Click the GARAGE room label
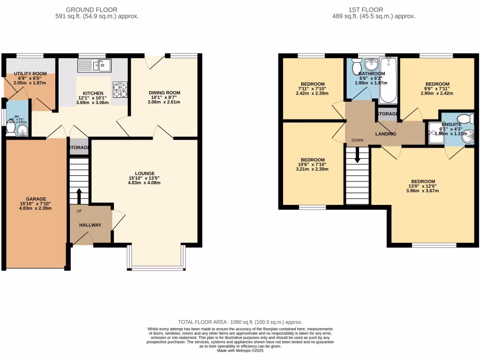(x=36, y=198)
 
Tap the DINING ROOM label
(x=165, y=93)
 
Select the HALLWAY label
(x=90, y=225)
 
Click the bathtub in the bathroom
(x=388, y=80)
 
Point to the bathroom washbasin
(x=371, y=64)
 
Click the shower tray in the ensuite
(x=432, y=133)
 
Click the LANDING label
(x=386, y=134)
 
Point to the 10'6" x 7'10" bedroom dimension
(x=313, y=165)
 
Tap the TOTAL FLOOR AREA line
(x=240, y=322)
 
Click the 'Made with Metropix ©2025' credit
(x=240, y=351)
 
